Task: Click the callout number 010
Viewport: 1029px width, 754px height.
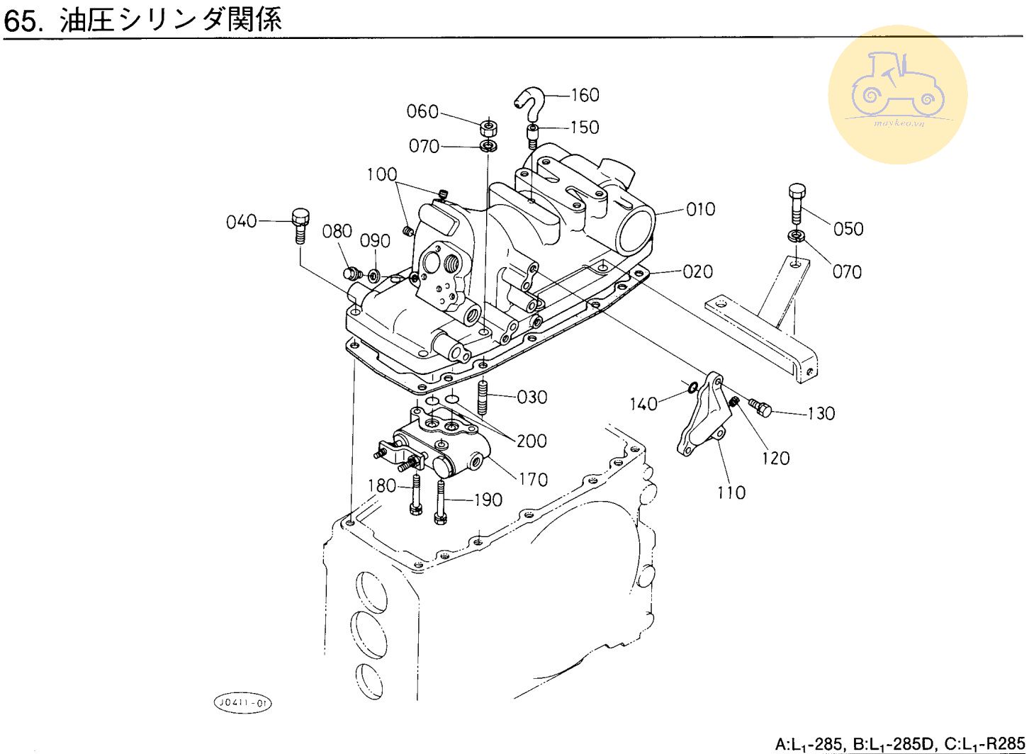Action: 700,210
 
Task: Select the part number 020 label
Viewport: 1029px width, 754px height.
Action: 698,271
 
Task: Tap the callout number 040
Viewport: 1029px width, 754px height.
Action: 241,222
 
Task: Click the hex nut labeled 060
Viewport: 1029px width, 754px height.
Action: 488,129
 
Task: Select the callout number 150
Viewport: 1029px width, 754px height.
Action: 585,128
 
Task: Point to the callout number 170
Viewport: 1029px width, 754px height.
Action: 533,480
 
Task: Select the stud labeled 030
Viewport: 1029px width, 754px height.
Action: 484,397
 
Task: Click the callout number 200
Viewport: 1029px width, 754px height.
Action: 532,441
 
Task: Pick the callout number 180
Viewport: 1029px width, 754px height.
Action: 382,486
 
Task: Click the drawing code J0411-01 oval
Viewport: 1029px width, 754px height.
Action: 242,703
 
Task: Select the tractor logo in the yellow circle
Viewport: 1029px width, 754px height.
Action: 897,88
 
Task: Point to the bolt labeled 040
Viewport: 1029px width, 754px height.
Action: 300,225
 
